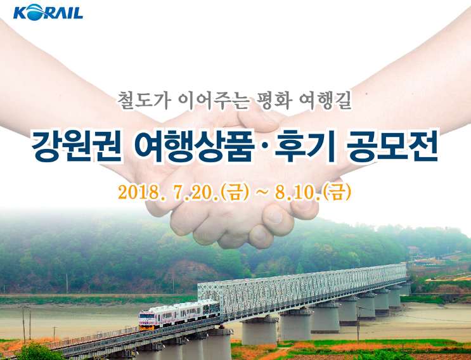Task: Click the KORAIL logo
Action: click(x=48, y=12)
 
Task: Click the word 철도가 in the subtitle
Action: click(x=144, y=100)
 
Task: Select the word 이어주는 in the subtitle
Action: click(x=212, y=100)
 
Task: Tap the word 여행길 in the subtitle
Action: click(x=325, y=100)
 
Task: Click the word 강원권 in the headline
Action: click(x=77, y=147)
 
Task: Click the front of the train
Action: click(x=146, y=320)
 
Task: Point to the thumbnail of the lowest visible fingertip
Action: click(x=260, y=236)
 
